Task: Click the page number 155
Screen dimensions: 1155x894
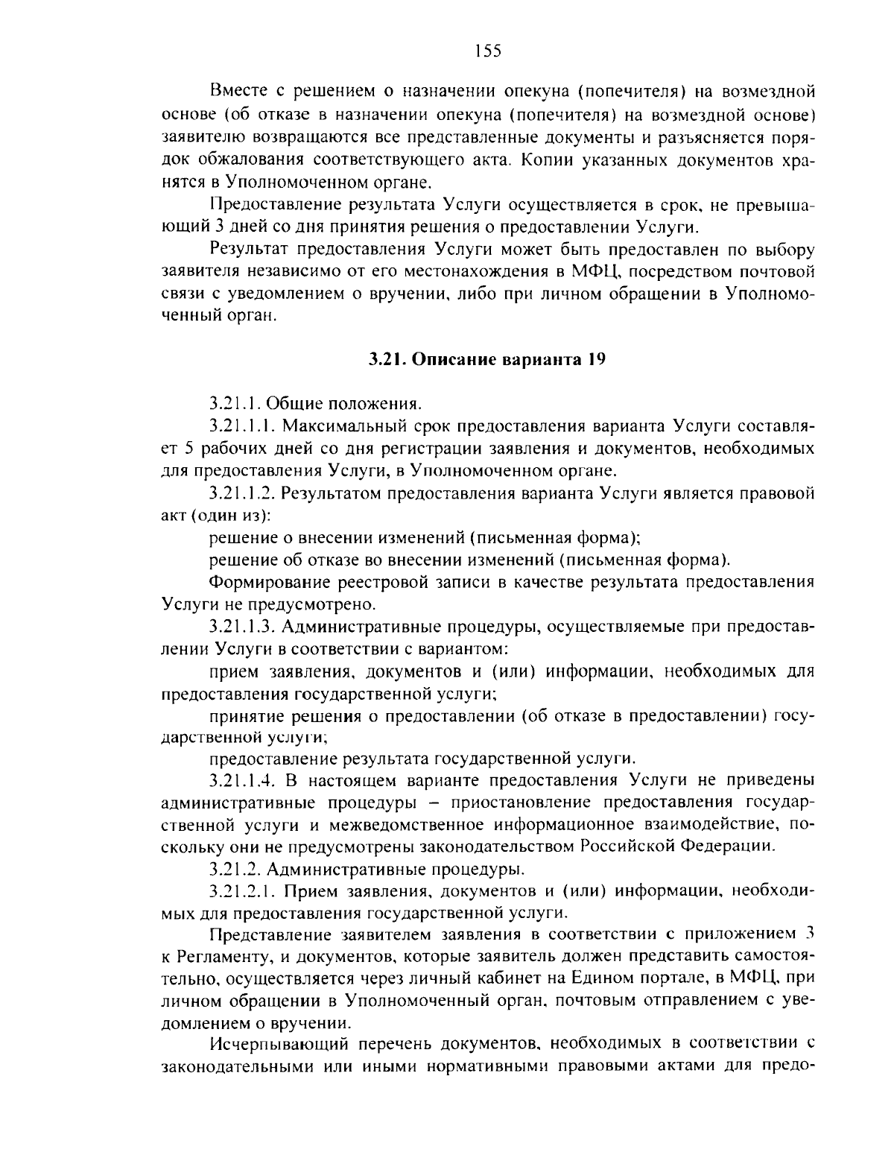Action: [488, 51]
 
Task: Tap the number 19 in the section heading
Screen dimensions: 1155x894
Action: [595, 360]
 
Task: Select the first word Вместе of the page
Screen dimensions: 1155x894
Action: [237, 93]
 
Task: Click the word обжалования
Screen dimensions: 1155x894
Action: [249, 159]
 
